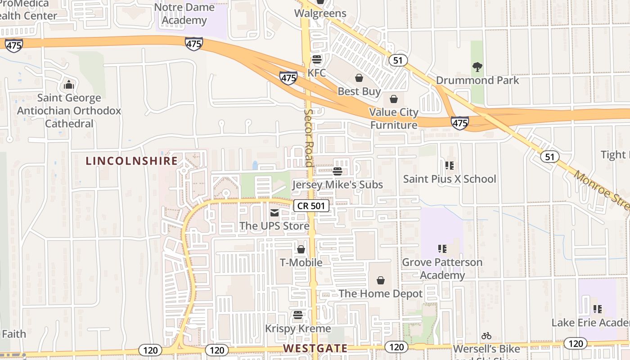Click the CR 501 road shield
coord(311,206)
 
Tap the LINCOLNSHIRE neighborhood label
coord(132,161)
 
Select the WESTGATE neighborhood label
coord(315,348)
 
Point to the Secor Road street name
coord(309,137)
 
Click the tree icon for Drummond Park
coord(477,67)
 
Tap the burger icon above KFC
coord(317,59)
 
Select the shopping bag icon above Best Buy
coord(359,78)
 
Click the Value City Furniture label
coord(394,118)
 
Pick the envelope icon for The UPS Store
coord(274,212)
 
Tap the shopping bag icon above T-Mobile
coord(301,249)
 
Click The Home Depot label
coord(380,294)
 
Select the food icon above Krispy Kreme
coord(297,315)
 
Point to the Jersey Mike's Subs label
coord(337,184)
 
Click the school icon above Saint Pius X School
coord(449,166)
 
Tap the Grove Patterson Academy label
coord(442,268)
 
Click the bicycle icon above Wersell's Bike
coord(486,336)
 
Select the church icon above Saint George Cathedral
coord(69,85)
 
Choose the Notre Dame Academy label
coord(184,14)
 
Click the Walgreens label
coord(320,13)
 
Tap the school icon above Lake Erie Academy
coord(597,309)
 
